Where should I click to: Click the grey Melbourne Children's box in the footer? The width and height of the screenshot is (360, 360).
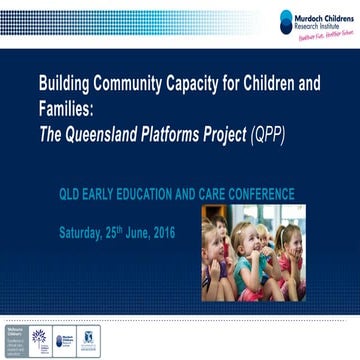[15, 339]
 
